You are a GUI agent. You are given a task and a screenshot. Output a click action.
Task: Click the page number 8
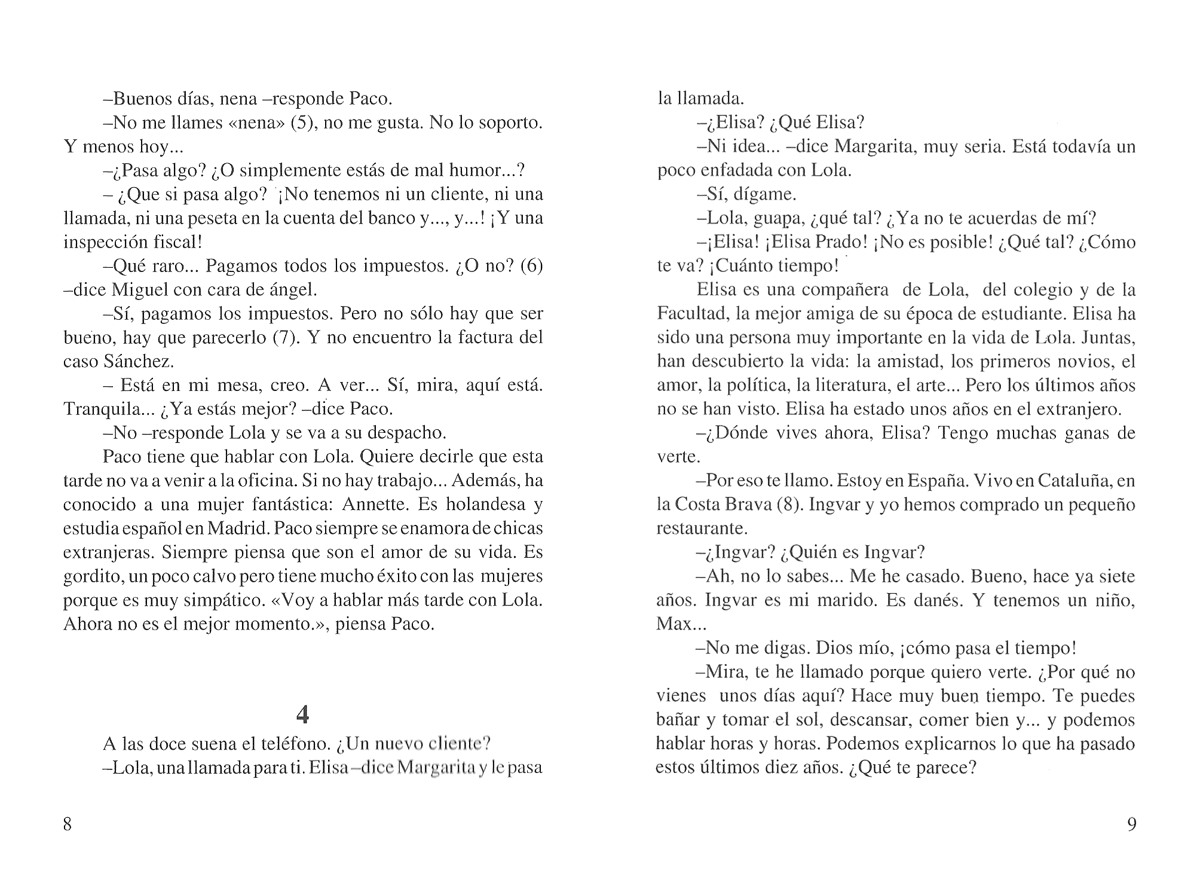pos(68,824)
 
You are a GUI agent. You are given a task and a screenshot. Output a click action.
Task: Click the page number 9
pos(1131,824)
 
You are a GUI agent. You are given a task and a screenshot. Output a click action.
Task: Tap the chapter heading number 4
pos(303,714)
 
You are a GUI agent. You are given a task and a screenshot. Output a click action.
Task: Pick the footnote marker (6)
pos(531,266)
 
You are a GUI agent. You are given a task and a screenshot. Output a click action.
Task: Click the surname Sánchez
pos(141,362)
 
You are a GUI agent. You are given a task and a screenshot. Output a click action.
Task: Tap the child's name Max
pos(673,625)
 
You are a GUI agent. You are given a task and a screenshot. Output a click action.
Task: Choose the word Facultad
pos(693,314)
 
